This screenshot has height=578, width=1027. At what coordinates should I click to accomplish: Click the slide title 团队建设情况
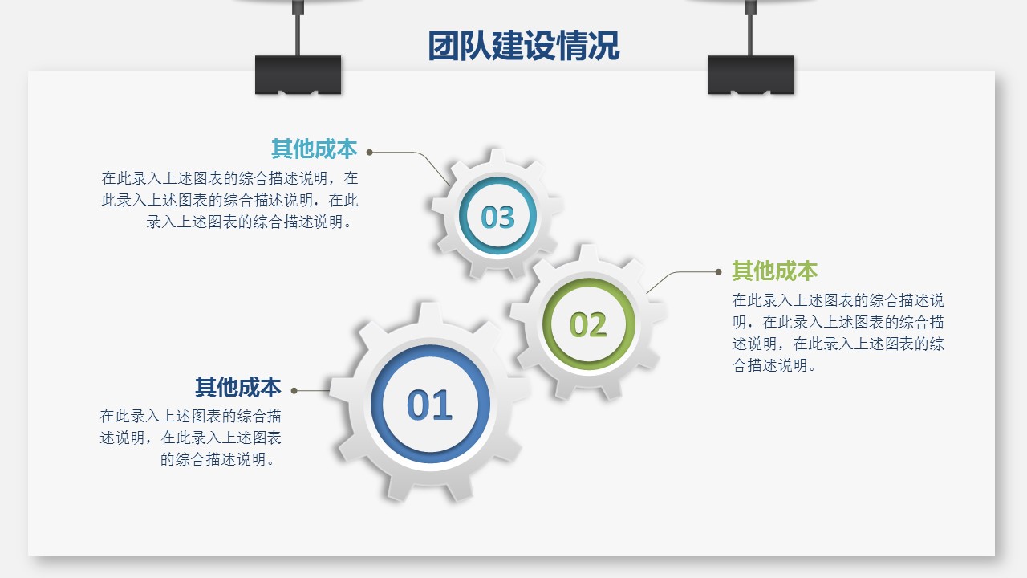(x=524, y=46)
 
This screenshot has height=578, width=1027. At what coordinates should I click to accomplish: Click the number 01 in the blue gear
(x=429, y=405)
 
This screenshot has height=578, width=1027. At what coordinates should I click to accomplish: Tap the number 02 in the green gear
(x=588, y=325)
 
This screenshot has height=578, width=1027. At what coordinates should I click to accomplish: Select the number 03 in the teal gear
(x=498, y=217)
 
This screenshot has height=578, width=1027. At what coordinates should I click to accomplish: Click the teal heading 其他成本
(x=314, y=149)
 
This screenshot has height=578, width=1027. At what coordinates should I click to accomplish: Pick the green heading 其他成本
(x=775, y=271)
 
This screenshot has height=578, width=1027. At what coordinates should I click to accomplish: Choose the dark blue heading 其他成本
(x=238, y=387)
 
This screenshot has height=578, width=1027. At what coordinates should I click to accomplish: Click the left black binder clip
(x=298, y=75)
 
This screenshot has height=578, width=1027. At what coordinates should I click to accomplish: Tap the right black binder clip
(x=750, y=75)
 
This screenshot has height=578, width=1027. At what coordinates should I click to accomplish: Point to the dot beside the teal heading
(x=370, y=153)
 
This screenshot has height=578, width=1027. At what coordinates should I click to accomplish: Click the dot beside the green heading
(x=718, y=272)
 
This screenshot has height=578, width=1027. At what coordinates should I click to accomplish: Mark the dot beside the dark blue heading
(x=294, y=391)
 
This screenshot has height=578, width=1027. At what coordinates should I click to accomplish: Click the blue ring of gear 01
(x=377, y=404)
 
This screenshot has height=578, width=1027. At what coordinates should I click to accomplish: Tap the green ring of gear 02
(x=546, y=324)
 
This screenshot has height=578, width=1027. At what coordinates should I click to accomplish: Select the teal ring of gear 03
(x=463, y=216)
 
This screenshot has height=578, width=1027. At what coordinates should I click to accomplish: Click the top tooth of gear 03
(x=497, y=156)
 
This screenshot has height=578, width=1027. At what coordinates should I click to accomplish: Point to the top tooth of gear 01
(x=429, y=312)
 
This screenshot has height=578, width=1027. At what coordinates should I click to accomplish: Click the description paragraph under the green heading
(x=838, y=333)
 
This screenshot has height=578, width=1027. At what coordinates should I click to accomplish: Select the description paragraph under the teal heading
(x=229, y=200)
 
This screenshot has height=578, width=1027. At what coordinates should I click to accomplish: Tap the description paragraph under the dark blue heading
(x=190, y=438)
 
